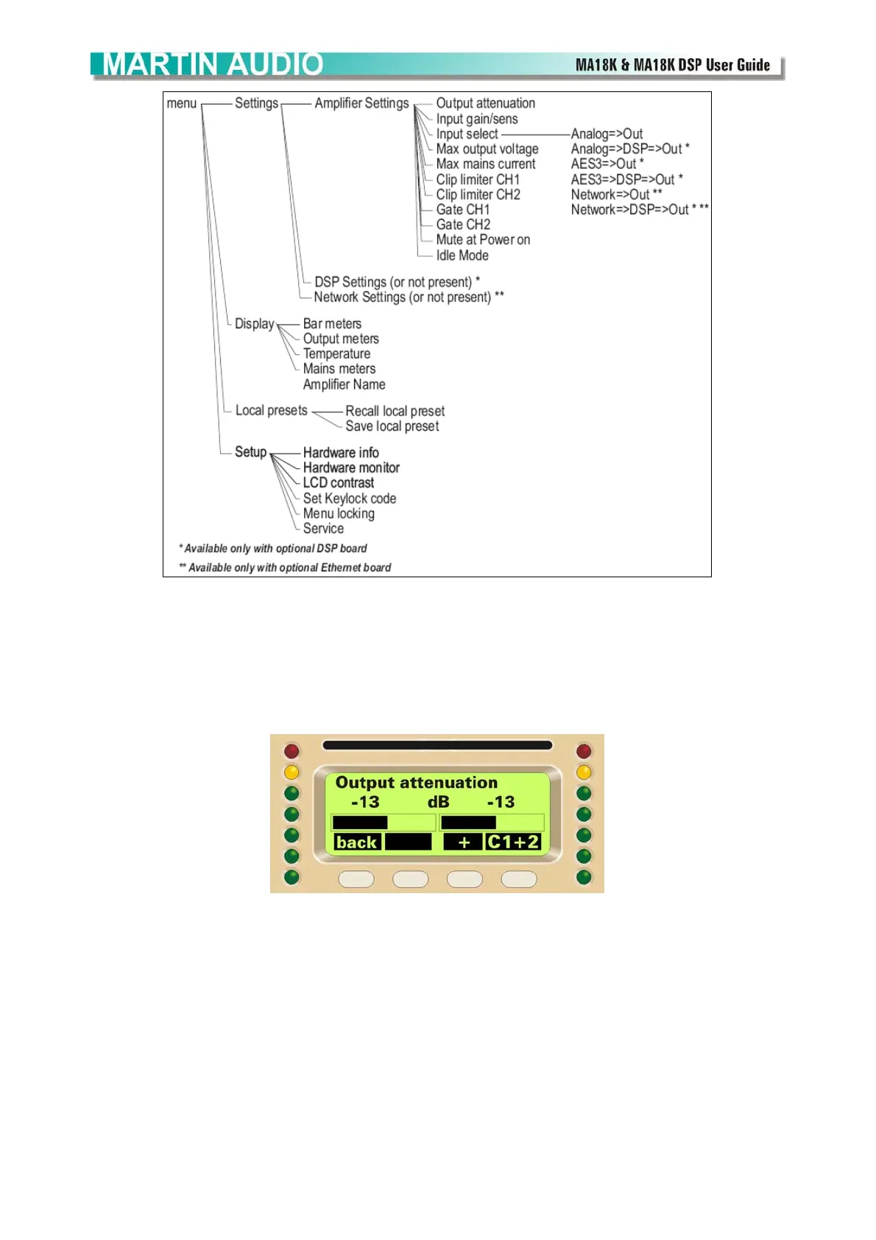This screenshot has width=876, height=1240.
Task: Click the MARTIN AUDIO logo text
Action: click(213, 65)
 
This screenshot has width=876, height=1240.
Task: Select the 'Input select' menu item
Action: click(467, 134)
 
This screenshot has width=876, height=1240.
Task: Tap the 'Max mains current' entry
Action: click(485, 164)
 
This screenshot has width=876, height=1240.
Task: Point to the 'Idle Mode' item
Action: click(462, 256)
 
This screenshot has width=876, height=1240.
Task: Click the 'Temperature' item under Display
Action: click(336, 354)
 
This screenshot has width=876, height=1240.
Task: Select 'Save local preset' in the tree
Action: click(392, 426)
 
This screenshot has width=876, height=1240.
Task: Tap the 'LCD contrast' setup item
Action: click(338, 483)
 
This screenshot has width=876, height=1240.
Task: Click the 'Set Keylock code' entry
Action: click(349, 499)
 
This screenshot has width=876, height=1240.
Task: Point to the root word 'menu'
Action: click(181, 104)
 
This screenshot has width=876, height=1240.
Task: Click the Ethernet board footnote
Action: click(285, 568)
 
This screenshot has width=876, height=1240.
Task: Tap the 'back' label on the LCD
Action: click(356, 842)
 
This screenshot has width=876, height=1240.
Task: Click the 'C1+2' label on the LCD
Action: click(513, 842)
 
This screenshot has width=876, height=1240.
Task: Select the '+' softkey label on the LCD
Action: click(464, 842)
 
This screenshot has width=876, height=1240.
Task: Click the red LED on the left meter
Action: click(292, 751)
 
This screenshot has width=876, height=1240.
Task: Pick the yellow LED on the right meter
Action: click(584, 772)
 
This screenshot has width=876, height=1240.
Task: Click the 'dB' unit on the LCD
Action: click(438, 802)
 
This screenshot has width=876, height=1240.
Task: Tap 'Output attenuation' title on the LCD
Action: click(416, 783)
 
